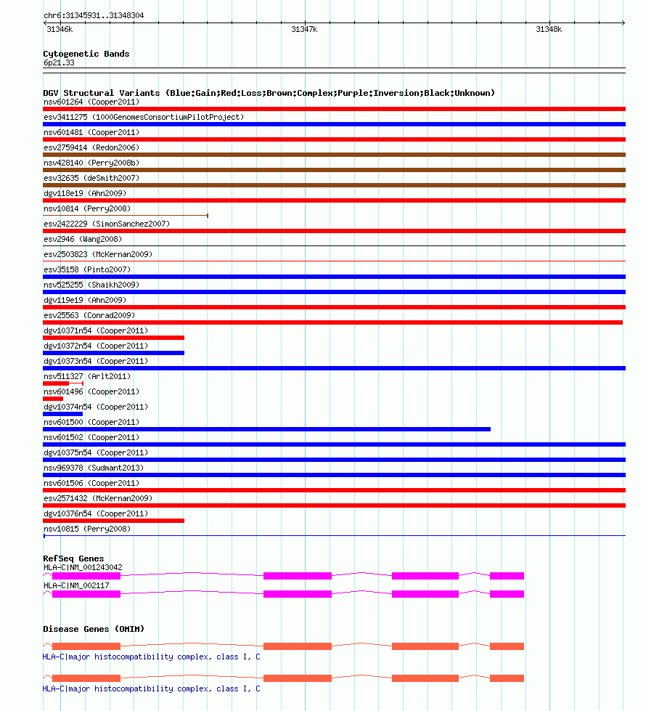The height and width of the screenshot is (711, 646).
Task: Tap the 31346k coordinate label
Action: click(59, 30)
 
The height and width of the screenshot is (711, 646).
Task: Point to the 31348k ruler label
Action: click(548, 30)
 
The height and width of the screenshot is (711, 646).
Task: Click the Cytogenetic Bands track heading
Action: click(86, 54)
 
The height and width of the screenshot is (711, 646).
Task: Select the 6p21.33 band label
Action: click(59, 63)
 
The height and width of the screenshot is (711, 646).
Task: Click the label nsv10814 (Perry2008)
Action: click(87, 208)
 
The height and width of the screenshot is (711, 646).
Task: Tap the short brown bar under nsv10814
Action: click(125, 216)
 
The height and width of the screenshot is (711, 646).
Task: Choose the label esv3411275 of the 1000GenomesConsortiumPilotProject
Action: click(144, 117)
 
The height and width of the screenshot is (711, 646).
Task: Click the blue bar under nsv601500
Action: click(266, 429)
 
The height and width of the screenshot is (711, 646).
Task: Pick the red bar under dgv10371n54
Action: click(113, 338)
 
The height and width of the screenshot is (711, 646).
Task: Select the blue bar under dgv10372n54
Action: click(113, 353)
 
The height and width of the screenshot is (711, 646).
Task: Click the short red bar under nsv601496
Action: click(53, 399)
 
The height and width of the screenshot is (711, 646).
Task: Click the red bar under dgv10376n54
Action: click(113, 521)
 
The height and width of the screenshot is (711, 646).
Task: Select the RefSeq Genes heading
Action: click(73, 558)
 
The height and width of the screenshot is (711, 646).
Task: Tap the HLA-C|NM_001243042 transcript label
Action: click(83, 567)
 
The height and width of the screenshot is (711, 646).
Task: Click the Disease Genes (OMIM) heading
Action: click(94, 629)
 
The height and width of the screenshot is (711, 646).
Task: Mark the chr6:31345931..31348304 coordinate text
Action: click(94, 15)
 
